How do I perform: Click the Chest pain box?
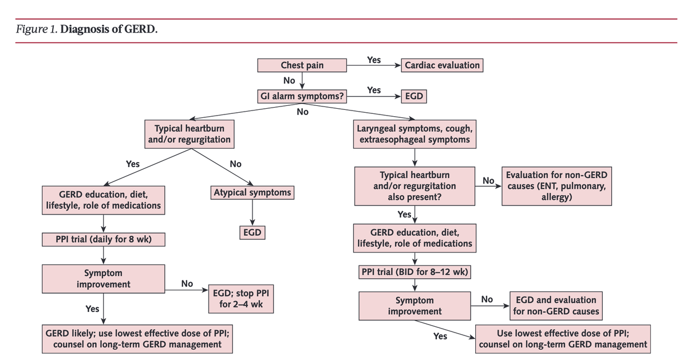click(x=302, y=65)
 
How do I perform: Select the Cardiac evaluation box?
click(x=442, y=65)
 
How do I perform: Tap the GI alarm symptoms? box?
click(x=302, y=96)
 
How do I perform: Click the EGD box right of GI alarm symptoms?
click(x=413, y=96)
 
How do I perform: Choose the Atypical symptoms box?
click(x=252, y=192)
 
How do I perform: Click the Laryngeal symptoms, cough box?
click(x=414, y=133)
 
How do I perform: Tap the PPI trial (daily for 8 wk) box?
click(x=103, y=239)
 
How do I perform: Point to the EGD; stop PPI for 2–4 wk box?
click(x=240, y=298)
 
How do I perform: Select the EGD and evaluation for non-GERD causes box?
click(x=556, y=306)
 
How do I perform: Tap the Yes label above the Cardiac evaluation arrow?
click(x=373, y=59)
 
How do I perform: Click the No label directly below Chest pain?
click(x=289, y=80)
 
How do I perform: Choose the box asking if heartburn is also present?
click(x=414, y=185)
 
